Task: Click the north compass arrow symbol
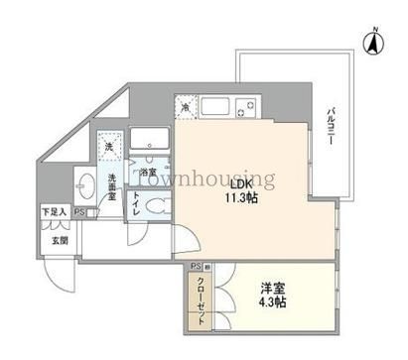[x=375, y=44]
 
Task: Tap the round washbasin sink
[x=84, y=185]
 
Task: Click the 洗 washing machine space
[x=110, y=148]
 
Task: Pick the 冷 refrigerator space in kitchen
[x=186, y=106]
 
